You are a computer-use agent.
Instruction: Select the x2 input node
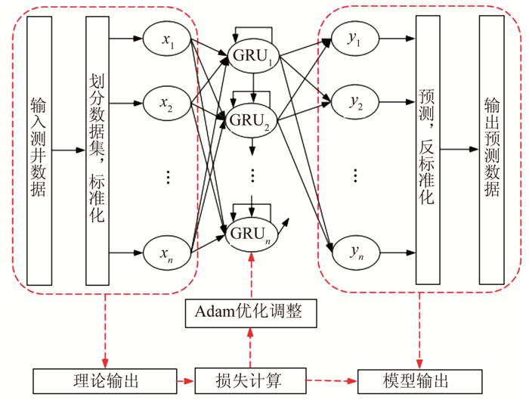167,102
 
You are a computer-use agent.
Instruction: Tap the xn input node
167,252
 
